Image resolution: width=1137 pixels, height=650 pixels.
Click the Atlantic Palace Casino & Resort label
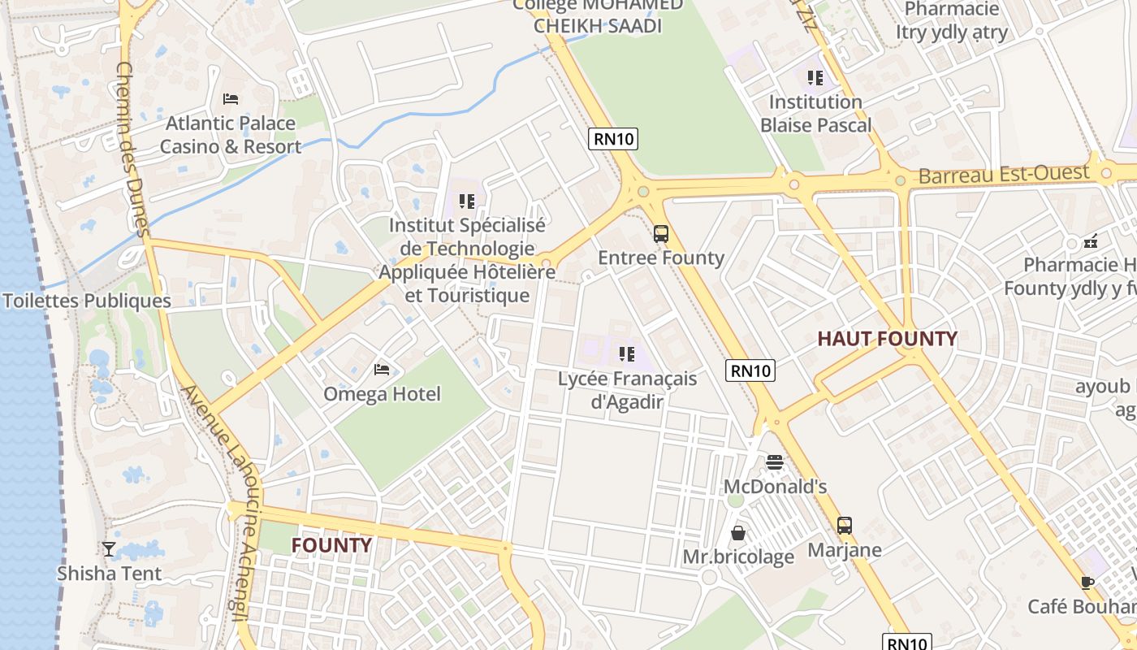pyautogui.click(x=230, y=135)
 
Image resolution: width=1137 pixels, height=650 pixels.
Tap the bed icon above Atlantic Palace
pyautogui.click(x=231, y=99)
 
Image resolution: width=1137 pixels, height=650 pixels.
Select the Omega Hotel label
pyautogui.click(x=382, y=394)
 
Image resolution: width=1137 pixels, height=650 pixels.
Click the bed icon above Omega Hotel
pyautogui.click(x=382, y=370)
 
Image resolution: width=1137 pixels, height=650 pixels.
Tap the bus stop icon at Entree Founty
pyautogui.click(x=661, y=234)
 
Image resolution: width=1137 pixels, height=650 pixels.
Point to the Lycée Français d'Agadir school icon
pyautogui.click(x=626, y=354)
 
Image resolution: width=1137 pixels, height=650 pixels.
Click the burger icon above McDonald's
pyautogui.click(x=775, y=462)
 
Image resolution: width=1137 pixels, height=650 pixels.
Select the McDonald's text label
pyautogui.click(x=775, y=486)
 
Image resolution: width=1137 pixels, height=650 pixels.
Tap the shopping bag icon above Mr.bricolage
pyautogui.click(x=738, y=533)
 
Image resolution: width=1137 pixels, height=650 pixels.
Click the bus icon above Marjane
pyautogui.click(x=845, y=526)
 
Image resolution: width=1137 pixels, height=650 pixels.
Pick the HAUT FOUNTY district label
pyautogui.click(x=887, y=339)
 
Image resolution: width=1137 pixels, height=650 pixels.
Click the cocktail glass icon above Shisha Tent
pyautogui.click(x=109, y=549)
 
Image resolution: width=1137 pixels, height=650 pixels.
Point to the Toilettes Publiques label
pyautogui.click(x=87, y=301)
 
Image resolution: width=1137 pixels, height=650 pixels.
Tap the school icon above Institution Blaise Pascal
pyautogui.click(x=815, y=78)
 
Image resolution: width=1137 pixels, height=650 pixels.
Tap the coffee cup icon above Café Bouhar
pyautogui.click(x=1087, y=582)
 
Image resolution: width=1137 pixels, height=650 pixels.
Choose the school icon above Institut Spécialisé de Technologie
pyautogui.click(x=466, y=201)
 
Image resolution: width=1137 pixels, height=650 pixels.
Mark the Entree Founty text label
pyautogui.click(x=661, y=258)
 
